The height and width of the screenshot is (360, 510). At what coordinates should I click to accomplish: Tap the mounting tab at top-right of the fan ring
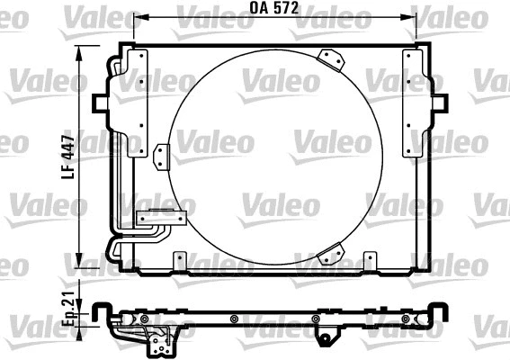pyautogui.click(x=333, y=58)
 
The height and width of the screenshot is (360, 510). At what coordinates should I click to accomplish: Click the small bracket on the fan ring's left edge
pyautogui.click(x=162, y=156)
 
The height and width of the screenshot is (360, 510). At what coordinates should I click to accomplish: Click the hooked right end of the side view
pyautogui.click(x=443, y=311)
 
